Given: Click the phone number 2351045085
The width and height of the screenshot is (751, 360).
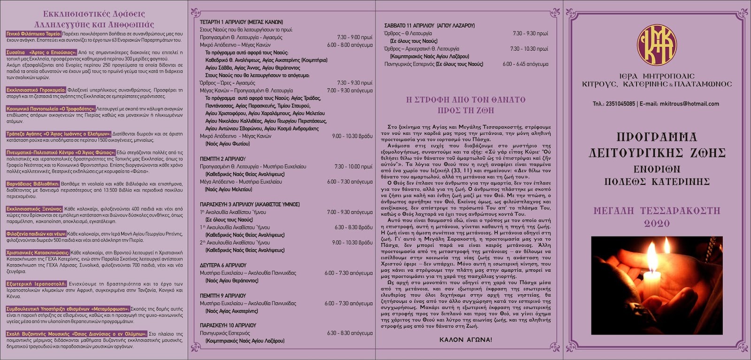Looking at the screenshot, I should [620, 104].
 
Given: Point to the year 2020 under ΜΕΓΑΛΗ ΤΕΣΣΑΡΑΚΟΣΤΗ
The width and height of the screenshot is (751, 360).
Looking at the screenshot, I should [657, 224].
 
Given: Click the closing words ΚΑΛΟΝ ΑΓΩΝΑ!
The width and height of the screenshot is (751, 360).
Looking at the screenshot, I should [466, 339].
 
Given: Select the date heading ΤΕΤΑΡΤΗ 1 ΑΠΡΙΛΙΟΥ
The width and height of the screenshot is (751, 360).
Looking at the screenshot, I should [226, 22].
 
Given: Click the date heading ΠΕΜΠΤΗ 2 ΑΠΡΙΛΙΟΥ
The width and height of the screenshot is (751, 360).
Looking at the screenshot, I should [222, 159].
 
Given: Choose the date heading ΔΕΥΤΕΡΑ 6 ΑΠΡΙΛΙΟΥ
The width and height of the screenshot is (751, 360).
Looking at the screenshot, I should [223, 265].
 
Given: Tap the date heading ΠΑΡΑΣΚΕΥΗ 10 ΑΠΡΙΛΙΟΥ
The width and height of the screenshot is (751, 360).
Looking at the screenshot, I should [228, 325].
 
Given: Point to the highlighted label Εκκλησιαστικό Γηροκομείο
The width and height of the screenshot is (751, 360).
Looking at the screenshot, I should [36, 90].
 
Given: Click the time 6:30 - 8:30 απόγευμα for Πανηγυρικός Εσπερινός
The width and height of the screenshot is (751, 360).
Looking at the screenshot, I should [350, 333].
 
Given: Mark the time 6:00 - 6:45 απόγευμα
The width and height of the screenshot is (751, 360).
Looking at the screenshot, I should [525, 64].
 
